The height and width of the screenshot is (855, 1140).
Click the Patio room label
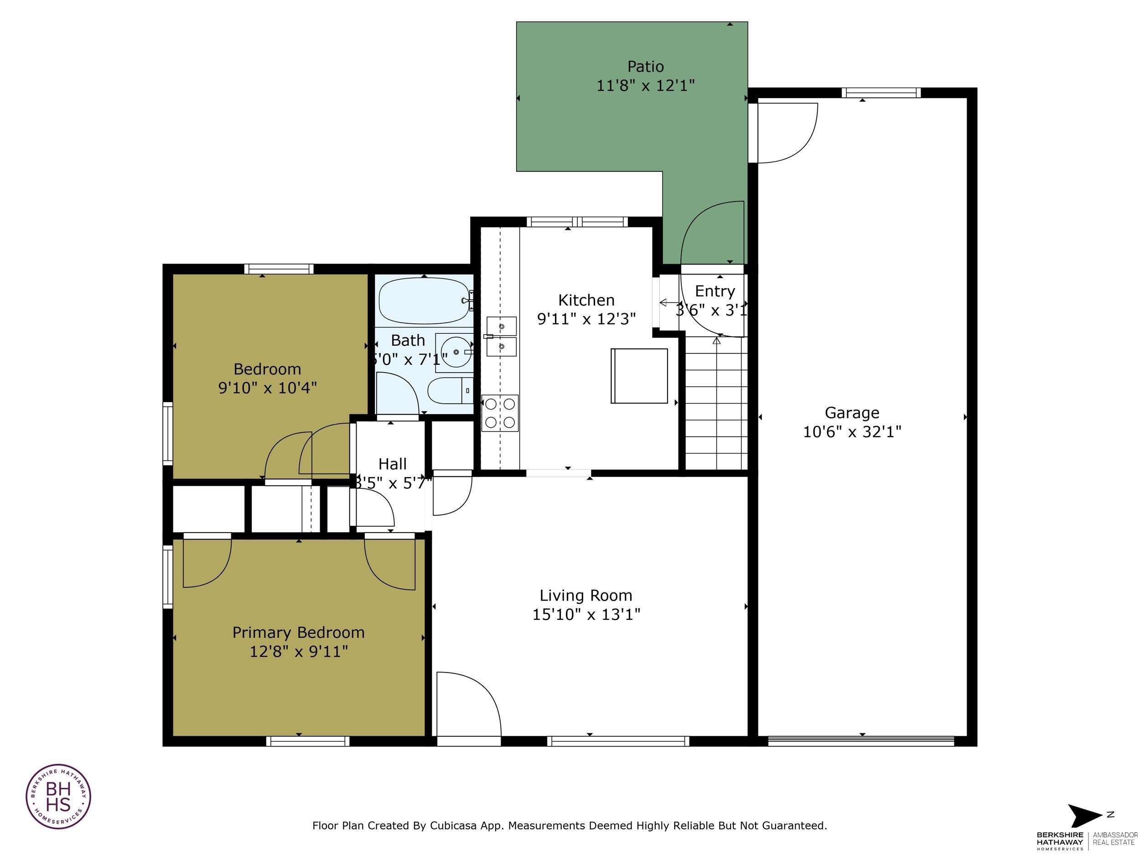(x=645, y=67)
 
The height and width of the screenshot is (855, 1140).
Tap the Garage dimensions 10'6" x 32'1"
(x=852, y=432)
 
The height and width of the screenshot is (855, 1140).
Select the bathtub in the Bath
(x=424, y=301)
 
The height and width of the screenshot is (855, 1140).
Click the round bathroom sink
(x=456, y=352)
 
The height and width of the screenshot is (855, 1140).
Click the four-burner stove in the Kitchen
(x=500, y=413)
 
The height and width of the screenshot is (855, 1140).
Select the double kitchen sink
(x=502, y=337)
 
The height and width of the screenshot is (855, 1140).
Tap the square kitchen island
(x=639, y=376)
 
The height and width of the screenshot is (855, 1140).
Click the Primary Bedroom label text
(x=298, y=632)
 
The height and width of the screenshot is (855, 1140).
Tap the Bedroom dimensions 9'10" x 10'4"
(x=268, y=388)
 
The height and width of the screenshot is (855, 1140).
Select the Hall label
(x=392, y=464)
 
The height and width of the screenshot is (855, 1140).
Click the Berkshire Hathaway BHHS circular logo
(x=58, y=796)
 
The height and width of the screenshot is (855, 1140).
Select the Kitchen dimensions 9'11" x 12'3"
(x=586, y=319)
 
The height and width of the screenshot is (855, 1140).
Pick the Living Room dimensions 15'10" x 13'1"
(x=586, y=614)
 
